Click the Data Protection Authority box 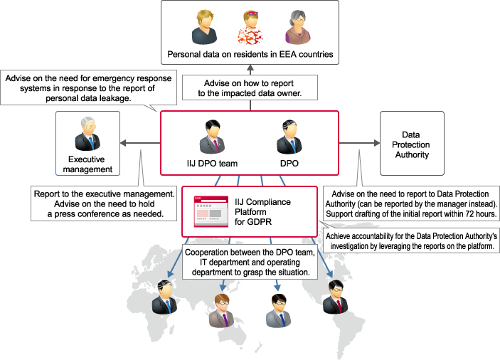412,143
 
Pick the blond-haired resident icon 206,27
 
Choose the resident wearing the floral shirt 250,28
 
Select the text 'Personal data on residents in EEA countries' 250,54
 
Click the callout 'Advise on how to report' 250,88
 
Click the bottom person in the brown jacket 221,309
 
